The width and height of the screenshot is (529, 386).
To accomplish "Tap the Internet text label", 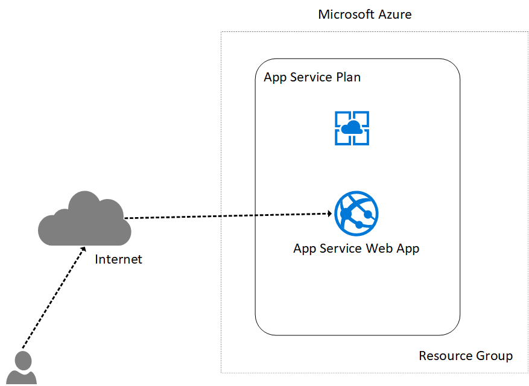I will tap(118, 259).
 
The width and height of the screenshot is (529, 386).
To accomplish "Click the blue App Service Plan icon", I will tap(352, 128).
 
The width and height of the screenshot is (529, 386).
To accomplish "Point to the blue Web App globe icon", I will tap(356, 214).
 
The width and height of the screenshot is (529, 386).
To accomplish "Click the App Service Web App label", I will tap(356, 248).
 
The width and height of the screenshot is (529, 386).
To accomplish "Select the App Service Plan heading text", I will tap(312, 77).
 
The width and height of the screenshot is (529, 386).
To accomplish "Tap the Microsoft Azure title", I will tap(365, 14).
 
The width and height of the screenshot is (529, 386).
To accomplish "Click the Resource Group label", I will tap(466, 355).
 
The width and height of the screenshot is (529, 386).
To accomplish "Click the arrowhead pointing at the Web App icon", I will tap(329, 213).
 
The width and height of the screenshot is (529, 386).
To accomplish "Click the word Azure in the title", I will tap(394, 14).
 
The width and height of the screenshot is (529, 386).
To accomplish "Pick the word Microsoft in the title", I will tap(347, 14).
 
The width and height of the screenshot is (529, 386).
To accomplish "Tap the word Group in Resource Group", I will tap(494, 355).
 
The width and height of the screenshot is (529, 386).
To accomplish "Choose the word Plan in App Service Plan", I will tap(348, 77).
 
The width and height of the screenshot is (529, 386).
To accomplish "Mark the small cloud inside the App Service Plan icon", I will tap(352, 127).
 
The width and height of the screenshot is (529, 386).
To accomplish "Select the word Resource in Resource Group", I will tap(445, 355).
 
